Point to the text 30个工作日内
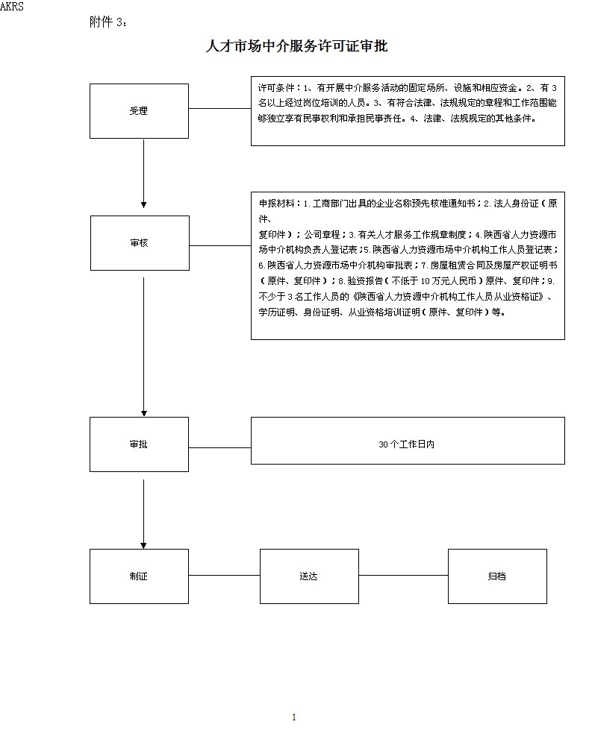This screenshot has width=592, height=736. tap(406, 444)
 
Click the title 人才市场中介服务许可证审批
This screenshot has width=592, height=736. tap(297, 46)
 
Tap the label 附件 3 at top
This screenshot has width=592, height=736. tap(108, 22)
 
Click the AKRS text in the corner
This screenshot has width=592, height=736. tap(12, 6)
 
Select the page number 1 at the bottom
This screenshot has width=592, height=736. tap(294, 717)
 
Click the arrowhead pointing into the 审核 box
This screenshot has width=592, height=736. tap(144, 204)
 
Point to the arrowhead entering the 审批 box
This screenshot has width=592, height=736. tap(144, 413)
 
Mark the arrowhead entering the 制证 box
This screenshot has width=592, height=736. tap(144, 545)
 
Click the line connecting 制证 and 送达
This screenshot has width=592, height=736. tap(225, 575)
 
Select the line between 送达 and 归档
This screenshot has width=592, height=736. tap(404, 575)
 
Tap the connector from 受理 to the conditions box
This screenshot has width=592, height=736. tap(220, 108)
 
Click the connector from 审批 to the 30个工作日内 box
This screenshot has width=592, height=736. tap(220, 447)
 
